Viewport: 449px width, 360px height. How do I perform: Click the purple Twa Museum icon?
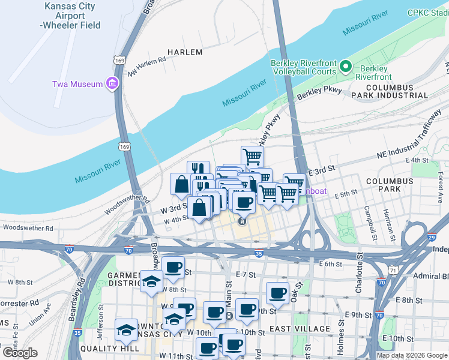point(112,84)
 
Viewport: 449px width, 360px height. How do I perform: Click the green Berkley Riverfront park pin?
point(346,66)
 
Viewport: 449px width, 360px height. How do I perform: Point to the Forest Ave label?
point(440,186)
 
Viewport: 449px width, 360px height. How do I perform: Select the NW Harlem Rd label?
point(146,67)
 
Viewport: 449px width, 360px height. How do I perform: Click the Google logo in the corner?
point(20,353)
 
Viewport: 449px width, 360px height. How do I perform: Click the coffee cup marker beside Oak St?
point(277,293)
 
